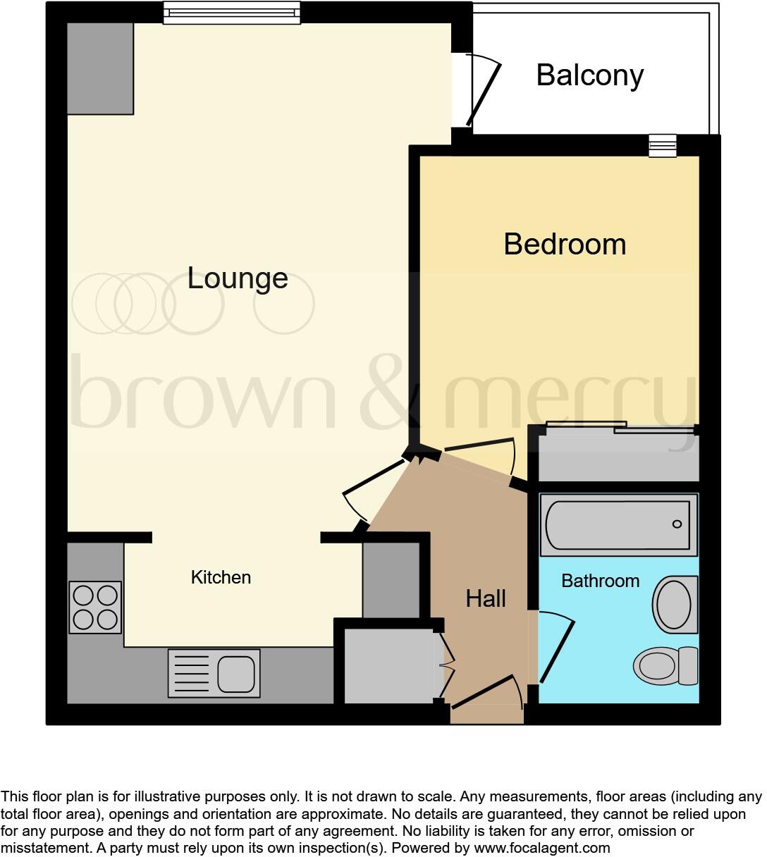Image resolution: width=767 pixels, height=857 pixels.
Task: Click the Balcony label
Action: (x=589, y=75)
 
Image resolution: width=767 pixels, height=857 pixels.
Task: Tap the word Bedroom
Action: (x=565, y=245)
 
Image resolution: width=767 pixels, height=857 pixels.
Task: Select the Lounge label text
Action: (x=238, y=278)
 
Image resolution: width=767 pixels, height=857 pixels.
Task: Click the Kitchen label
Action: (x=221, y=577)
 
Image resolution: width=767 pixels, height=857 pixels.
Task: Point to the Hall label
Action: (x=486, y=599)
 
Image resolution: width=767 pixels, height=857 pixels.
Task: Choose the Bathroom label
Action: (x=600, y=581)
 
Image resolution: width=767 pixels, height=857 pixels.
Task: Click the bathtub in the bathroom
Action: (x=618, y=525)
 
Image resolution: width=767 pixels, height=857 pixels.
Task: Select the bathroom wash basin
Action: (x=675, y=604)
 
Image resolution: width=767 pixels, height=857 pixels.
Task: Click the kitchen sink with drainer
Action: (x=214, y=673)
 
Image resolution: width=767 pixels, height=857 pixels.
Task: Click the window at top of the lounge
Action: (x=231, y=12)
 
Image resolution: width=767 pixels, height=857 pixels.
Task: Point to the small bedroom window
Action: (x=663, y=145)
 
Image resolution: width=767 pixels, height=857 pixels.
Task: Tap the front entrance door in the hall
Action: (x=486, y=694)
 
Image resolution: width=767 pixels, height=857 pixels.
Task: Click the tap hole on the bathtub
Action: (x=677, y=524)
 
